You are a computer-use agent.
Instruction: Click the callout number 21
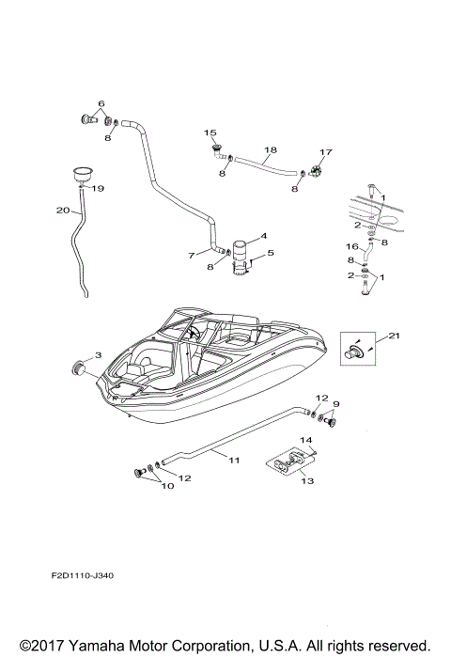click(395, 336)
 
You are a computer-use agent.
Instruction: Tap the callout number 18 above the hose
click(271, 149)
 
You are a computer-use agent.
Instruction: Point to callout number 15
click(210, 133)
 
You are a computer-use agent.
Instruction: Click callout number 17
click(326, 152)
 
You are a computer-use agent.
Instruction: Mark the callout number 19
click(97, 188)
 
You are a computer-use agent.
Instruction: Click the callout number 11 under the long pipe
click(233, 460)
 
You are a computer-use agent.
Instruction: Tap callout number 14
click(305, 440)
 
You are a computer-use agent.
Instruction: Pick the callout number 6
click(101, 102)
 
